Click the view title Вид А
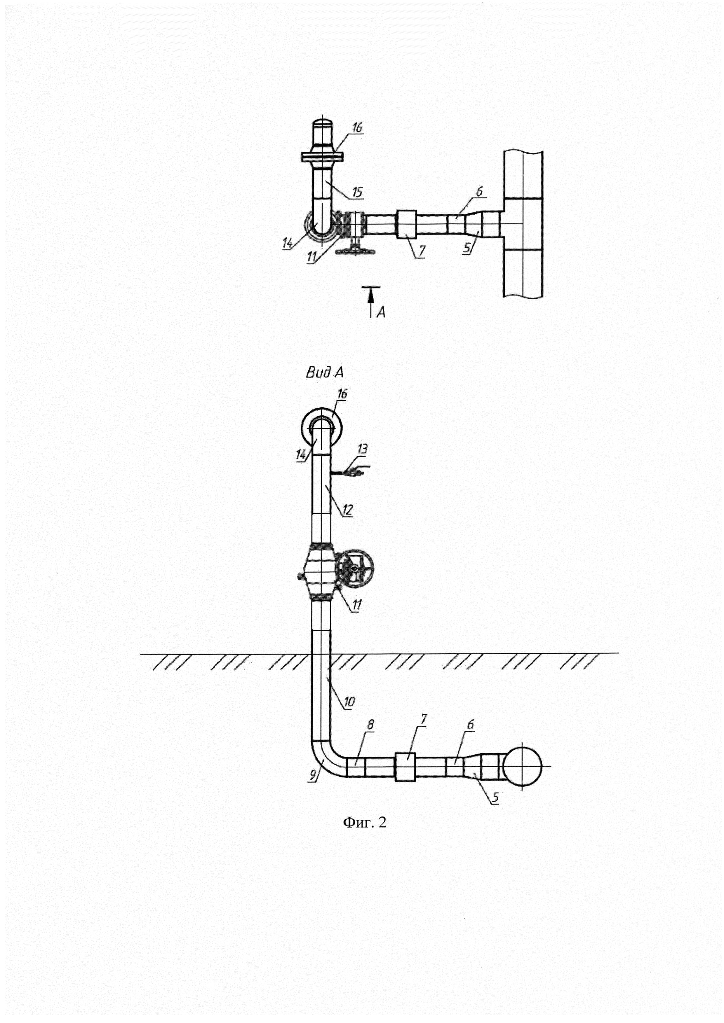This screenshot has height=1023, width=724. (324, 373)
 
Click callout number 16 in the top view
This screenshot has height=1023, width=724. (357, 127)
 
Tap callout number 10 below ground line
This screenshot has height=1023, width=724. (349, 702)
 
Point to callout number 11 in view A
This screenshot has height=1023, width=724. (356, 605)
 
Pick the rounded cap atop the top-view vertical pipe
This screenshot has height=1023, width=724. (322, 123)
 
